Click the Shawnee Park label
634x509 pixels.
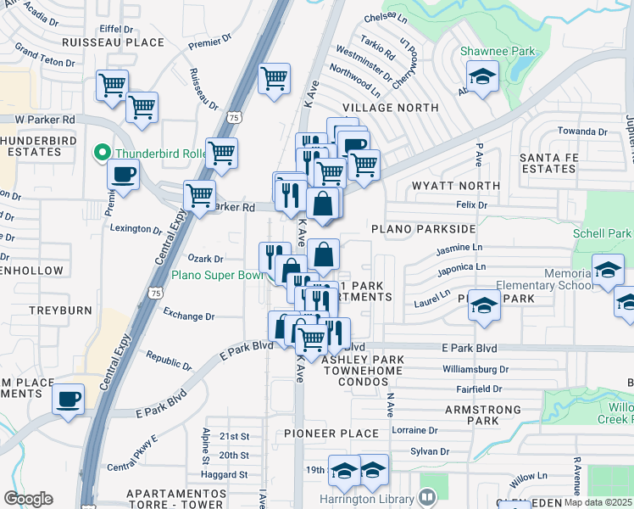click(498, 51)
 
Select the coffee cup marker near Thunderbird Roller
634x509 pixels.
click(124, 176)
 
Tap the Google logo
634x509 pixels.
click(28, 499)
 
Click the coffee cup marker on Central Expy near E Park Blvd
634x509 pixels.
click(68, 398)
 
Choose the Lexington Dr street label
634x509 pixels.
click(136, 229)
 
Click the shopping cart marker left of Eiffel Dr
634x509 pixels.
click(112, 85)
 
